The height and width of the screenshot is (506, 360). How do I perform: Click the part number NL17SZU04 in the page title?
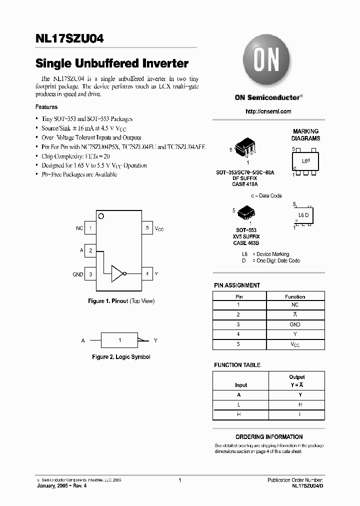(69, 39)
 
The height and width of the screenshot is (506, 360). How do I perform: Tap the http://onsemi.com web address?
(268, 111)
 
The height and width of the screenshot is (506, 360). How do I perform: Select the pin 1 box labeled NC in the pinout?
(90, 228)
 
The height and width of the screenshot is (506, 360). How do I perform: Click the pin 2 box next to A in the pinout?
(90, 250)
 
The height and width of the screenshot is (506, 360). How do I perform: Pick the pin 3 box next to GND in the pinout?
(90, 274)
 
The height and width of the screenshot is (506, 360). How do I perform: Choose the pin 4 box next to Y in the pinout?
(147, 274)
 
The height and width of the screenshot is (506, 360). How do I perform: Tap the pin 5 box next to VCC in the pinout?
(147, 228)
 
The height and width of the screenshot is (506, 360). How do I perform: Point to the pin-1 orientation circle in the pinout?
(101, 216)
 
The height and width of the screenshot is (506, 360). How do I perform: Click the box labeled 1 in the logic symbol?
(119, 340)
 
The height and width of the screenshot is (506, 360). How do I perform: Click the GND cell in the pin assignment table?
(295, 324)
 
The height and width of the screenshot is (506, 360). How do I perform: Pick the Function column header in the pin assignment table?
(295, 296)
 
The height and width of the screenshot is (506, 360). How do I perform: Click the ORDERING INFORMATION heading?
(268, 436)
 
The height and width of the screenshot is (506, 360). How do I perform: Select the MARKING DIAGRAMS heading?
(306, 134)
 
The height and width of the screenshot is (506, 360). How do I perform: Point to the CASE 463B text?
(246, 242)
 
